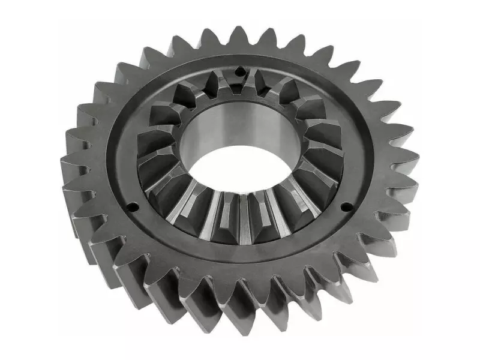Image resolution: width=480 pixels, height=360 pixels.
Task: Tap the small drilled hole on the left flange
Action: point(133,208)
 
